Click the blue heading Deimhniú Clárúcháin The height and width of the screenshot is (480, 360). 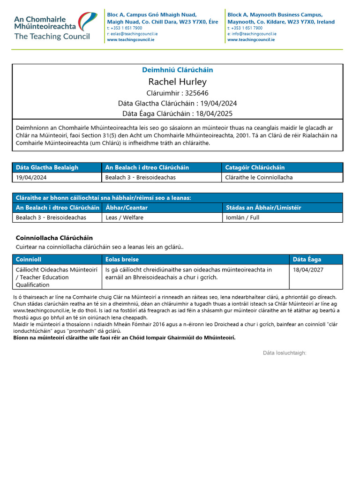coord(177,70)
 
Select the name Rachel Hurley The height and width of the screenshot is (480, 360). coord(177,82)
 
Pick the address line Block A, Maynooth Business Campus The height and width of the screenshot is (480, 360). coord(275,15)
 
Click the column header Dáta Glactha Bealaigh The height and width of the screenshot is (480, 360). coord(47,167)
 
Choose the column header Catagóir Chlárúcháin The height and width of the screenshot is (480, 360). coord(255,167)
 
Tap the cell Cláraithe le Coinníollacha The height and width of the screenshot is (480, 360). coord(259,178)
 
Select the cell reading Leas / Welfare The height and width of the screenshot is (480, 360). coord(125,217)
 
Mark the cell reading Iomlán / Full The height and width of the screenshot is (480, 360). coord(242,217)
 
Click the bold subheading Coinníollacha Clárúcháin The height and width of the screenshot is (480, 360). coord(54,238)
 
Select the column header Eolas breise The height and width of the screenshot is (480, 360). coord(122,259)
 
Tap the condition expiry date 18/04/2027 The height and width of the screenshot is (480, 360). coord(308,270)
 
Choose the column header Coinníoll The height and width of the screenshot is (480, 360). coord(29,259)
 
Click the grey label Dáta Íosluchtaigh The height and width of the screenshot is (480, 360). coord(285,352)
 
